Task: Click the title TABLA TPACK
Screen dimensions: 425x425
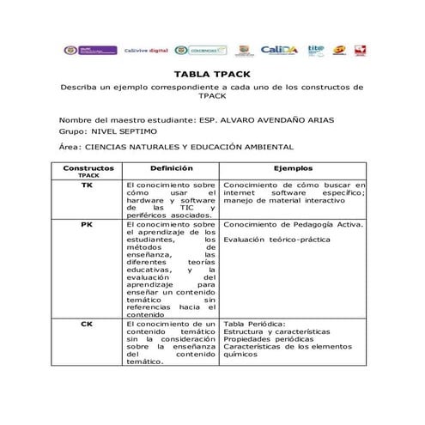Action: tap(211, 76)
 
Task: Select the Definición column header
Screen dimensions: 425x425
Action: tap(171, 168)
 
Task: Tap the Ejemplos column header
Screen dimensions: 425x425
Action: tap(293, 168)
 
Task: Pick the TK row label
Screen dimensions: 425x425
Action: tap(88, 185)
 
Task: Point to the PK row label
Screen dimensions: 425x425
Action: tap(88, 225)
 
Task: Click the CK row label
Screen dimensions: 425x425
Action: tap(88, 325)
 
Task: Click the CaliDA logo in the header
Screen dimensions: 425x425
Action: tap(279, 51)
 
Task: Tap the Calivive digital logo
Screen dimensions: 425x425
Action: tap(146, 51)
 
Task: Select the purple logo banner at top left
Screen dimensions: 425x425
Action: tap(98, 51)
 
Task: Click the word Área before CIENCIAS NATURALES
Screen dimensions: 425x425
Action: tap(69, 147)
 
